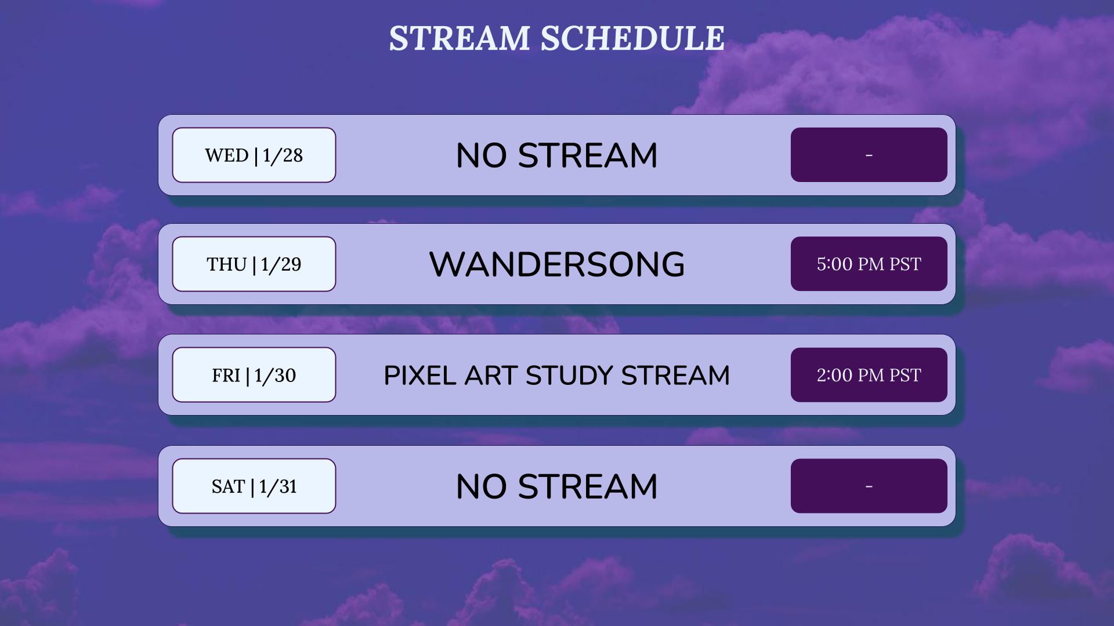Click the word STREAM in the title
click(460, 38)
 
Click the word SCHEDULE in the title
click(632, 38)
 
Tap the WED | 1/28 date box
click(254, 155)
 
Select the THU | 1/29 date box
click(254, 264)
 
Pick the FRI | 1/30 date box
click(254, 374)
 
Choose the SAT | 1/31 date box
click(254, 486)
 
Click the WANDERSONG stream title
click(557, 264)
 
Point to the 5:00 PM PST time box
click(869, 264)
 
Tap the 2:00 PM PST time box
click(869, 374)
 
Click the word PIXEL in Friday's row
click(420, 375)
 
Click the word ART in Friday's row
click(491, 375)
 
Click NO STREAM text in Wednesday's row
click(557, 155)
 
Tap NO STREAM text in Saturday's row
click(557, 486)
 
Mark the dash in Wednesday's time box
click(869, 155)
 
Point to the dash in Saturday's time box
click(869, 486)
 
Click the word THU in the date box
click(227, 264)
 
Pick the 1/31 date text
click(278, 486)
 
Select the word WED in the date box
click(227, 155)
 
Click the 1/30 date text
click(275, 375)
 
